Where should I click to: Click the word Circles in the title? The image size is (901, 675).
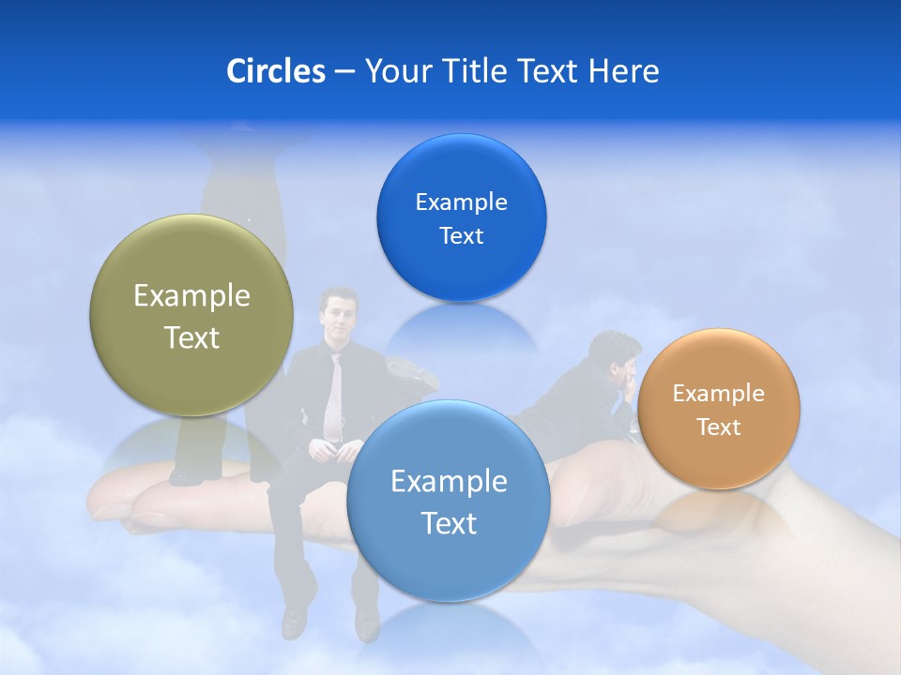(275, 71)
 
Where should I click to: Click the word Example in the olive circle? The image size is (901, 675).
(191, 296)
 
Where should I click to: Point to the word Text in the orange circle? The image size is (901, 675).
(719, 427)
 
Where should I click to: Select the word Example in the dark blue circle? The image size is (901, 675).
(461, 202)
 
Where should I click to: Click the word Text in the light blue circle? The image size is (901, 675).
(449, 523)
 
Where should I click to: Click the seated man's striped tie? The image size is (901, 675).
(333, 394)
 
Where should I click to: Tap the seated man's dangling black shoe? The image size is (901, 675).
(294, 619)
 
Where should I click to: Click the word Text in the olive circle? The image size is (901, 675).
(191, 337)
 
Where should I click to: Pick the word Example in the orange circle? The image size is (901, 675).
(719, 394)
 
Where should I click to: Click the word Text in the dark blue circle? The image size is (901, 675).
(461, 236)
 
